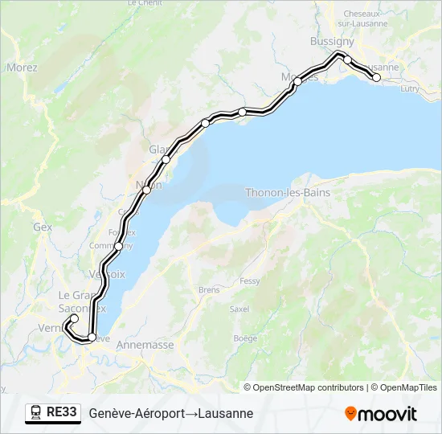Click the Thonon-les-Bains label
tap(281, 192)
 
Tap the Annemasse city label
tap(145, 345)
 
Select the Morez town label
tap(22, 68)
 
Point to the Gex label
tap(43, 227)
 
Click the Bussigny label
tap(332, 41)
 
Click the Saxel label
tap(239, 309)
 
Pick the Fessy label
tap(250, 281)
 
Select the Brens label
tap(209, 289)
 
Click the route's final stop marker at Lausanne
tap(376, 78)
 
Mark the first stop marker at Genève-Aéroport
tap(74, 319)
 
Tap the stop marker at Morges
tap(297, 81)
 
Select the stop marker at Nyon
tap(147, 190)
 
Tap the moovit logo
tap(381, 414)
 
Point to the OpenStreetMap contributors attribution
tap(304, 387)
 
